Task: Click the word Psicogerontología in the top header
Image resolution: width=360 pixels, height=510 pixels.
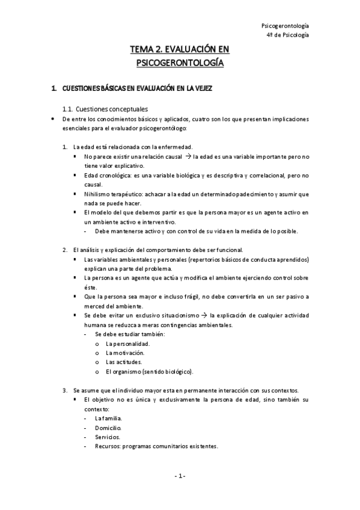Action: [286, 26]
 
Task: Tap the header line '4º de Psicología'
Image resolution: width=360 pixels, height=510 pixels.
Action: [288, 35]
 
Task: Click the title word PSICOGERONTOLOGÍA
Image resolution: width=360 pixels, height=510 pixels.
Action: [180, 62]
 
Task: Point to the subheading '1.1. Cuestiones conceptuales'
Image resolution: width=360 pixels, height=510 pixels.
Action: [105, 109]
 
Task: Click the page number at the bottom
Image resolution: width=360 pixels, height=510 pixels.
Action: [180, 476]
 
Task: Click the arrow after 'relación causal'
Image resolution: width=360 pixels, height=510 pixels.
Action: [204, 156]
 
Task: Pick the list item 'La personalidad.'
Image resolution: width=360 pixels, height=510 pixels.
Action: [127, 343]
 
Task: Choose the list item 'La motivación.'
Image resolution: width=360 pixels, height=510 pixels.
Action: [126, 353]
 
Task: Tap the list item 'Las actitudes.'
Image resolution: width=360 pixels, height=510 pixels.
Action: [124, 363]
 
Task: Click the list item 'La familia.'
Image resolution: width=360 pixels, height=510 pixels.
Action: [109, 418]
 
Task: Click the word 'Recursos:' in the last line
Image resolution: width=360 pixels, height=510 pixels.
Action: [109, 447]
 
